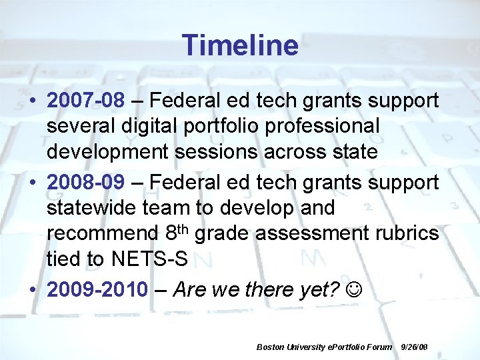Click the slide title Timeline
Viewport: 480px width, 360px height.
240,45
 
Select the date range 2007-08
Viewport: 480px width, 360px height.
85,101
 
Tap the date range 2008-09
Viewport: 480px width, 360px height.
85,183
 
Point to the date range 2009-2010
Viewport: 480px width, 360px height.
97,290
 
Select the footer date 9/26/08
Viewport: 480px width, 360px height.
414,347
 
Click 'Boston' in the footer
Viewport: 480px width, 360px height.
269,347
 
